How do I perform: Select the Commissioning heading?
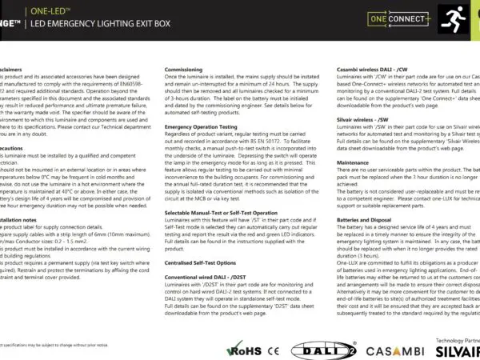click(184, 70)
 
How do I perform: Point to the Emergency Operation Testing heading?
click(205, 126)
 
